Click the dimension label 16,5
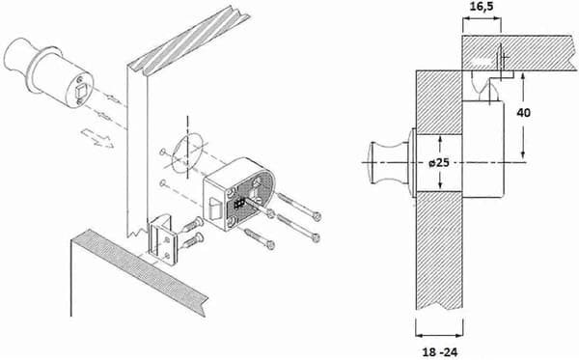[482, 7]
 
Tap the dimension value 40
[524, 113]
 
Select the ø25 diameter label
[439, 162]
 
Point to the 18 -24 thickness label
[439, 352]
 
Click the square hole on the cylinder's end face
[80, 91]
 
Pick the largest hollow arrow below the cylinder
[97, 138]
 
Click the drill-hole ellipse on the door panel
[188, 153]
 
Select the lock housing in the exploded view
[239, 194]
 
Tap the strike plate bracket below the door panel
[163, 239]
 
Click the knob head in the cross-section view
[385, 162]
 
